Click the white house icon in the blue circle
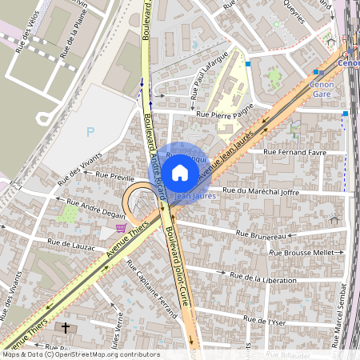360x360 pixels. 180,172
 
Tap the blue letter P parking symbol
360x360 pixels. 90,132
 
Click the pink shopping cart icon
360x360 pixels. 121,227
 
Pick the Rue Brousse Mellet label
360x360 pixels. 302,253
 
